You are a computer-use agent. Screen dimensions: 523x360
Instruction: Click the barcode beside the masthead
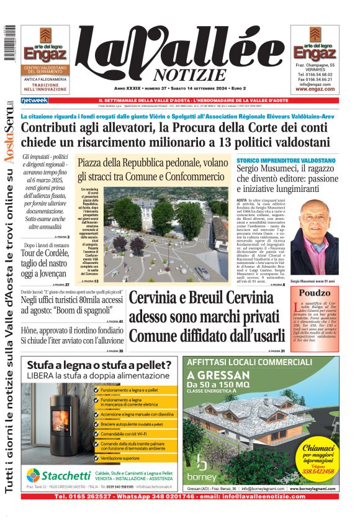point(9,43)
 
